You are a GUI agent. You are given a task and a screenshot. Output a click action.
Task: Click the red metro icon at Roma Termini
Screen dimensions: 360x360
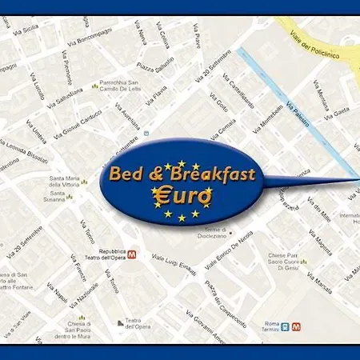coord(297,326)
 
